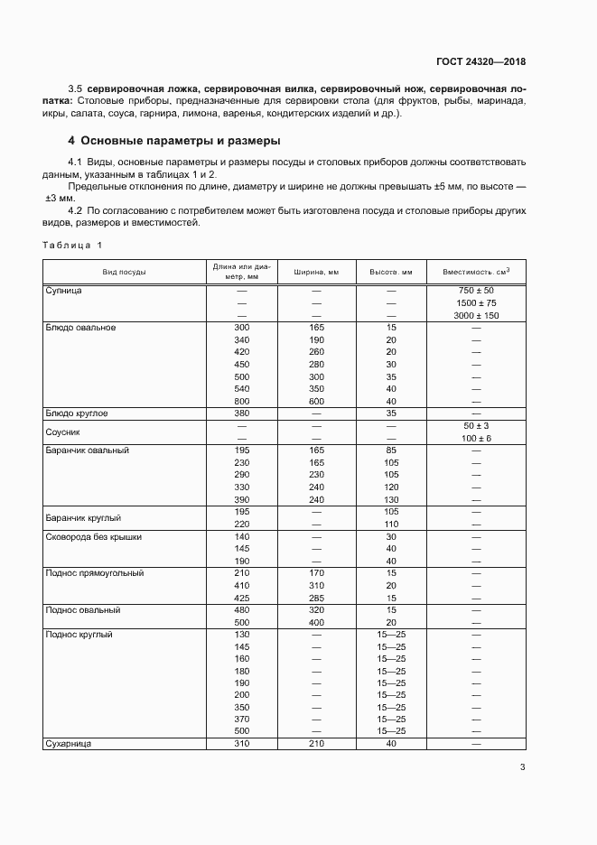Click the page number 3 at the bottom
point(522,767)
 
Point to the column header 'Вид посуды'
point(125,272)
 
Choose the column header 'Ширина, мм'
point(316,272)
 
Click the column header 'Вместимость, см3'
point(476,272)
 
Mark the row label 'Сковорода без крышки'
point(93,536)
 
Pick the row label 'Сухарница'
point(70,743)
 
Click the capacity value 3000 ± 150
point(476,315)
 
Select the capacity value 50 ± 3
point(476,425)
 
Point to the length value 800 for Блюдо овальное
point(241,401)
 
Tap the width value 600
point(316,401)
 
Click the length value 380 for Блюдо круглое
point(241,413)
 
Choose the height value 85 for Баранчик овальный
point(391,450)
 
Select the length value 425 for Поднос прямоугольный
point(241,598)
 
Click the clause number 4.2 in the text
point(77,209)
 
